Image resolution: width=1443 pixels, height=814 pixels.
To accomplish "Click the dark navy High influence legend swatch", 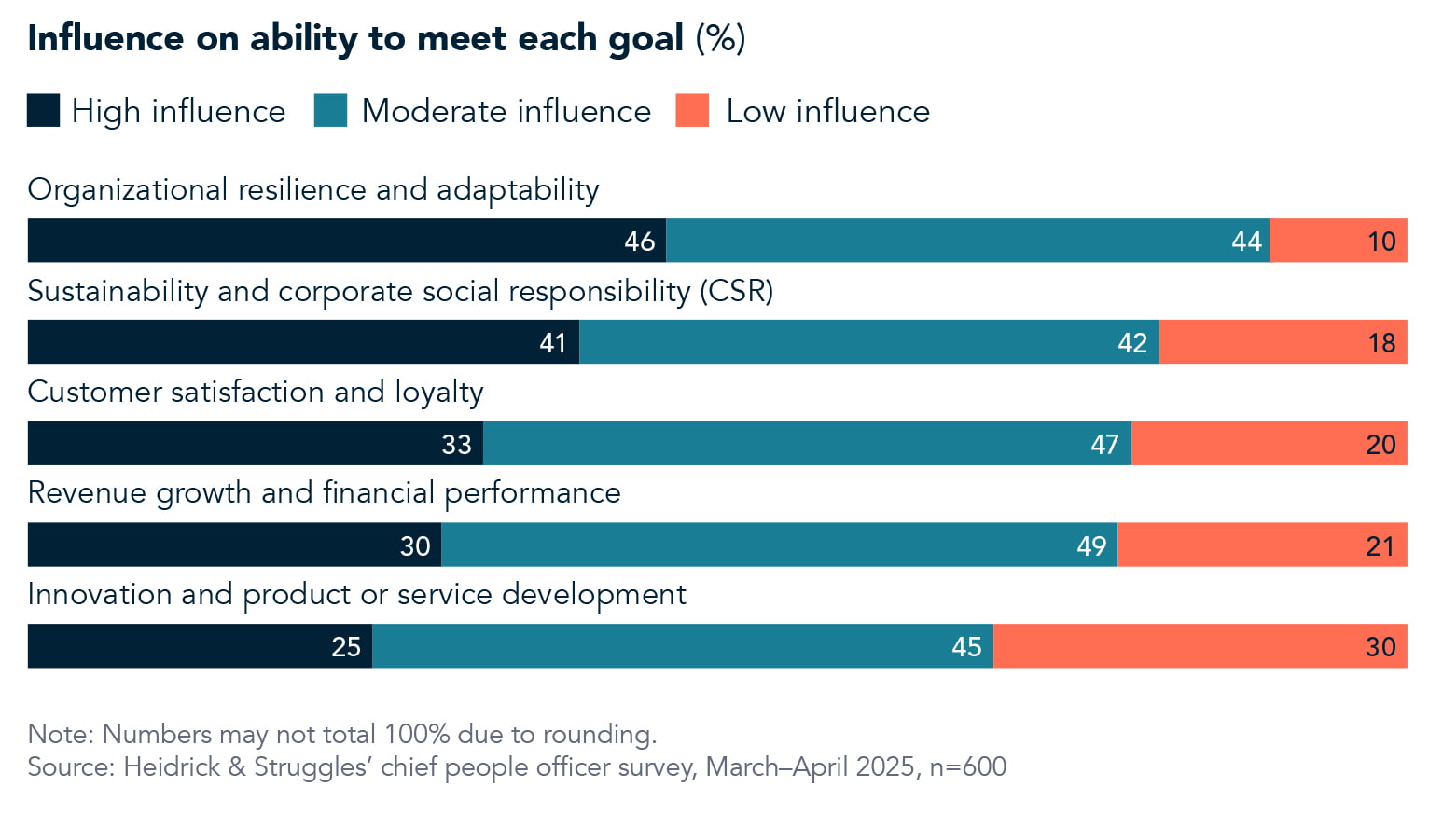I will click(43, 110).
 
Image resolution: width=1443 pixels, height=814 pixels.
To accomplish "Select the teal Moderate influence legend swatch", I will click(330, 110).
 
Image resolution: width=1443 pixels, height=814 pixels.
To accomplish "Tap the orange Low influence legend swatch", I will click(692, 110).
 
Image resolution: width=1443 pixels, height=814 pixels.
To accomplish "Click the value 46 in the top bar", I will click(640, 241).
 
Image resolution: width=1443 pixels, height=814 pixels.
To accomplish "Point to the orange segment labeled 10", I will click(1339, 241).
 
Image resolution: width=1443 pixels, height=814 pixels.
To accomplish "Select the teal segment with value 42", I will click(868, 342).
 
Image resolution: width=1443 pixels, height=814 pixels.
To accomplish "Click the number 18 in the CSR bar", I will click(1381, 343).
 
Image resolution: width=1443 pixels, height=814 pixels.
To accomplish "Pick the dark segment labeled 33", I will click(255, 444).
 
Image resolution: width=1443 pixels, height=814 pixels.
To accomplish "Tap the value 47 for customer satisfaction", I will click(1104, 445).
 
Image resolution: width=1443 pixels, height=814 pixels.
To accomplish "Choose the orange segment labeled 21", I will click(1262, 545).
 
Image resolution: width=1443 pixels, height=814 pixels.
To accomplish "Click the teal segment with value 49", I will click(779, 545).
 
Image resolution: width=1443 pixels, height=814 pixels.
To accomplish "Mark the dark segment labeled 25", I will click(200, 646).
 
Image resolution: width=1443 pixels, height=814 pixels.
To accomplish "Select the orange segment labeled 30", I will click(1200, 646).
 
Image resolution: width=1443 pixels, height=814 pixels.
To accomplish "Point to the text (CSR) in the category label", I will click(736, 291).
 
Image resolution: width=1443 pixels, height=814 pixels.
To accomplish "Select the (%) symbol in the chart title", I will click(720, 38).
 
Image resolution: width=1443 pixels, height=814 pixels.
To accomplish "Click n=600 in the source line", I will click(968, 766).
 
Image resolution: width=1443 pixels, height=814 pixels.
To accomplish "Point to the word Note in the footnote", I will click(59, 734).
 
